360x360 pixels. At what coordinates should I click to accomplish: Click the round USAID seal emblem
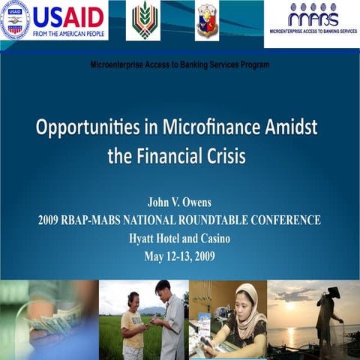click(x=15, y=20)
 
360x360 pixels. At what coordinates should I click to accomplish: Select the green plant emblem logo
click(x=145, y=20)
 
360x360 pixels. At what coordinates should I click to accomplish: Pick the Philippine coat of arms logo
click(x=207, y=20)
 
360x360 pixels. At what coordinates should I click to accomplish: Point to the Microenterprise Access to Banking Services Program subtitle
click(x=179, y=64)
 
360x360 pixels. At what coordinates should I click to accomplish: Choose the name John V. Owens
click(x=179, y=204)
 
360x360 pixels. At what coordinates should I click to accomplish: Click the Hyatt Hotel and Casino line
click(x=179, y=238)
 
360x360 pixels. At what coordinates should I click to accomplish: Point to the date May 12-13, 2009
click(x=179, y=256)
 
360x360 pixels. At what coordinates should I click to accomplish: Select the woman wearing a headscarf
click(x=243, y=319)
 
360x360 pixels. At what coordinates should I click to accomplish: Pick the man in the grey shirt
click(x=169, y=319)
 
